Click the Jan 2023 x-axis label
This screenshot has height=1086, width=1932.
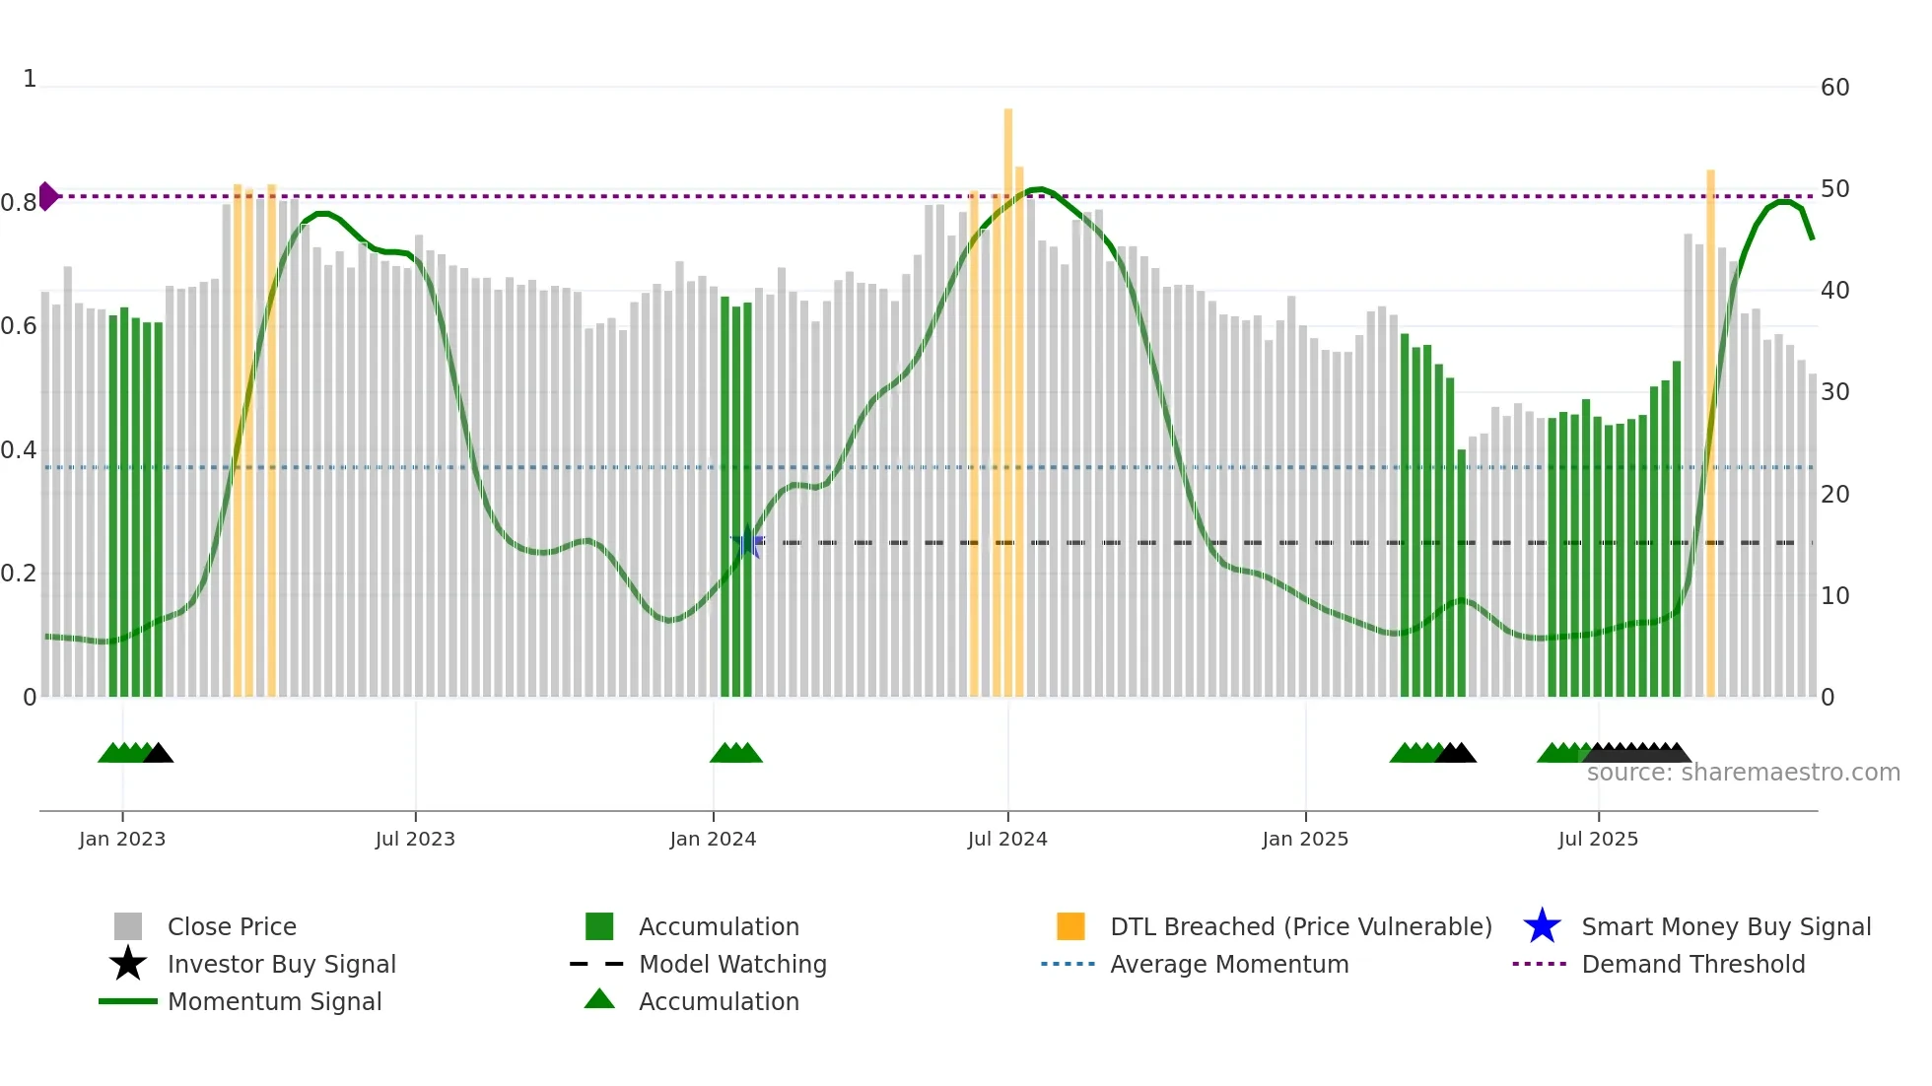(x=122, y=839)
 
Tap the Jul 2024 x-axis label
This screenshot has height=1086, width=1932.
(x=1007, y=839)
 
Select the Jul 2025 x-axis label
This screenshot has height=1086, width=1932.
(x=1598, y=839)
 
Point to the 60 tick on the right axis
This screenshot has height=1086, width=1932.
(x=1834, y=88)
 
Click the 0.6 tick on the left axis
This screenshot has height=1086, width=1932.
(x=19, y=326)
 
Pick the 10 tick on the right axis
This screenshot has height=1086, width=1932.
(x=1834, y=596)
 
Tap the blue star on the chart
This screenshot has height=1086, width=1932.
(x=748, y=543)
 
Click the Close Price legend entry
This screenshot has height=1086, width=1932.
(x=231, y=926)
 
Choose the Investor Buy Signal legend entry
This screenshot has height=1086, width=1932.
(x=281, y=964)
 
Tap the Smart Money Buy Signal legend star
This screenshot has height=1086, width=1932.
(x=1542, y=926)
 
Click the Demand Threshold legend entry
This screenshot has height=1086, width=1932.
(x=1692, y=964)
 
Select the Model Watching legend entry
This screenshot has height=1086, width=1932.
(x=731, y=964)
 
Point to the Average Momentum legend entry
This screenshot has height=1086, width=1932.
(x=1228, y=964)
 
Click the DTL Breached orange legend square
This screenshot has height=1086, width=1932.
(x=1070, y=926)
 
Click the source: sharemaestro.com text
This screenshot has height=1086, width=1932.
(x=1743, y=773)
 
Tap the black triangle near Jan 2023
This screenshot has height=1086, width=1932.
(x=158, y=754)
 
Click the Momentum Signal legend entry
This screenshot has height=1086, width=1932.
(x=273, y=1001)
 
